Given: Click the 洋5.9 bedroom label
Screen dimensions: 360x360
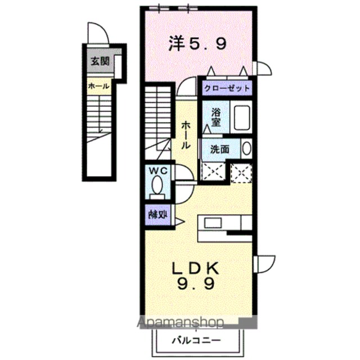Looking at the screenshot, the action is (198, 44).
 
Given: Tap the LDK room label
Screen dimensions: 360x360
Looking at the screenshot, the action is (196, 268).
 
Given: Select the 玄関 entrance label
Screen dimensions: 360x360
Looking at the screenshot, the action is (100, 61).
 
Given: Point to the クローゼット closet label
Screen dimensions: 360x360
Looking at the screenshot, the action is (227, 88).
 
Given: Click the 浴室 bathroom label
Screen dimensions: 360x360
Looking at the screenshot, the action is (216, 118).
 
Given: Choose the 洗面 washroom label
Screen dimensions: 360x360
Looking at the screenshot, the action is (220, 150).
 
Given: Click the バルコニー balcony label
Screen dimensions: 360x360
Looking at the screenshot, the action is (196, 340).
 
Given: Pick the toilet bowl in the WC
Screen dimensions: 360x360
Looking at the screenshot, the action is (157, 184).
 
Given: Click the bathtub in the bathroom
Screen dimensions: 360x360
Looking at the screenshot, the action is (242, 118).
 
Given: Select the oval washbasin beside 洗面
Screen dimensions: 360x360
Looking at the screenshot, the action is (246, 148).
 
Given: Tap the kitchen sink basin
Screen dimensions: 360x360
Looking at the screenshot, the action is (213, 223).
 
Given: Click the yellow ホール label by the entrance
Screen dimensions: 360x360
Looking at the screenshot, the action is (99, 86).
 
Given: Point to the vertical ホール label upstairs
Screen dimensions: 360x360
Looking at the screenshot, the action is (186, 136).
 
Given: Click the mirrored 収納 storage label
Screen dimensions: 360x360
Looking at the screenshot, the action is (157, 215).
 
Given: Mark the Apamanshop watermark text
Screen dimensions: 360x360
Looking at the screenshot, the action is (180, 322).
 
